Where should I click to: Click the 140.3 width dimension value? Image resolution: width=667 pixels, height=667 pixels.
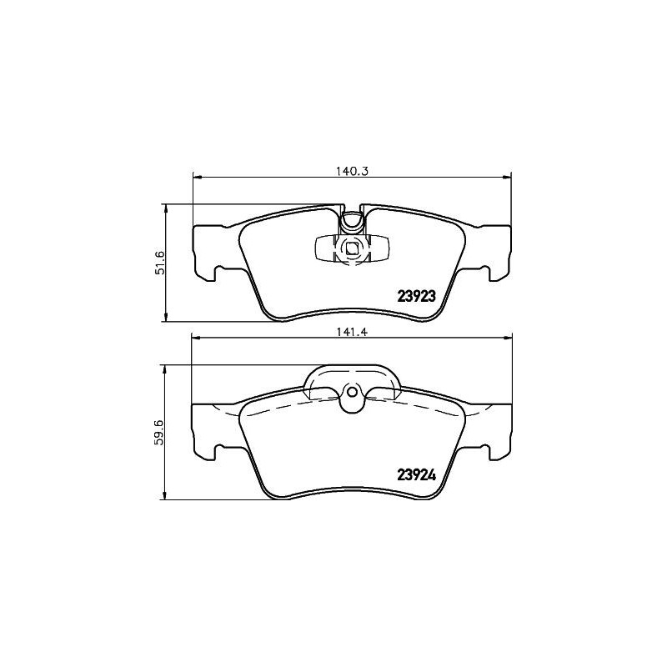click(352, 170)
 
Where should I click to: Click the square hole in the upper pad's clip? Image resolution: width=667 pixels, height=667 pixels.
click(351, 248)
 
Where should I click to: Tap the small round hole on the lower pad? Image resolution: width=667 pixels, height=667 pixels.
click(351, 394)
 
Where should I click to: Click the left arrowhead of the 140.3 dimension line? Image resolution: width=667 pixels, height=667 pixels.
click(197, 176)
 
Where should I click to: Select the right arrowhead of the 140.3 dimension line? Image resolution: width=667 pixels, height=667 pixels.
click(506, 176)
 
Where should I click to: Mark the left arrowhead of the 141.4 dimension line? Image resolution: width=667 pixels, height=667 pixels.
click(197, 337)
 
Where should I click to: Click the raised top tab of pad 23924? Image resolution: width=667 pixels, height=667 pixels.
click(351, 377)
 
